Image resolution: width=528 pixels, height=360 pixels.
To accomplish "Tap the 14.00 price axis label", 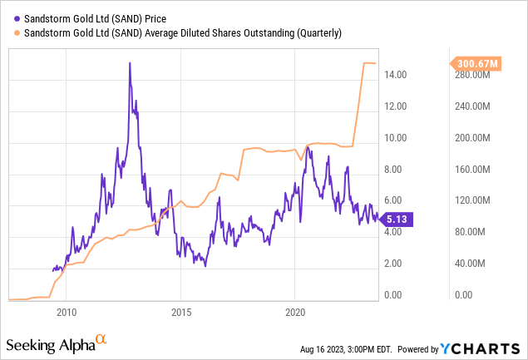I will click(x=395, y=75).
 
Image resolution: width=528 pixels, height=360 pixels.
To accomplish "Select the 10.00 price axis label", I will click(x=395, y=138).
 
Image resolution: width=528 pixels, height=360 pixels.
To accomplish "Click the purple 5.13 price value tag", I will click(x=395, y=218).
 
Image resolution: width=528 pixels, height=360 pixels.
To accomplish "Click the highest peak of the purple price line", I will click(x=130, y=62).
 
